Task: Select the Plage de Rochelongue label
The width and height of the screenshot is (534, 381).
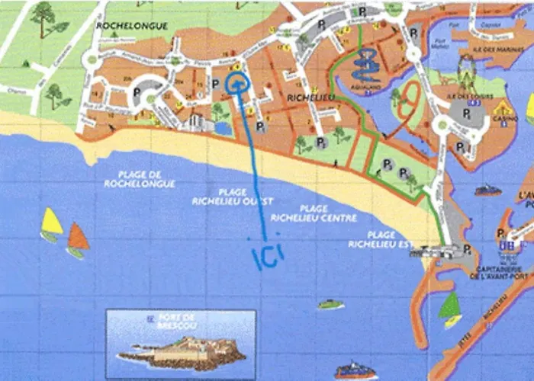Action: click(147, 179)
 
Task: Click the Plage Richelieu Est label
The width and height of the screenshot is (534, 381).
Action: click(372, 239)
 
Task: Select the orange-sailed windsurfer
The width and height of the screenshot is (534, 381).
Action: click(77, 239)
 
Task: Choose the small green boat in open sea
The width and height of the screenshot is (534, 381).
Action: click(330, 304)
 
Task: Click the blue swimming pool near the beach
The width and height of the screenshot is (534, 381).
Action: click(224, 129)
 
